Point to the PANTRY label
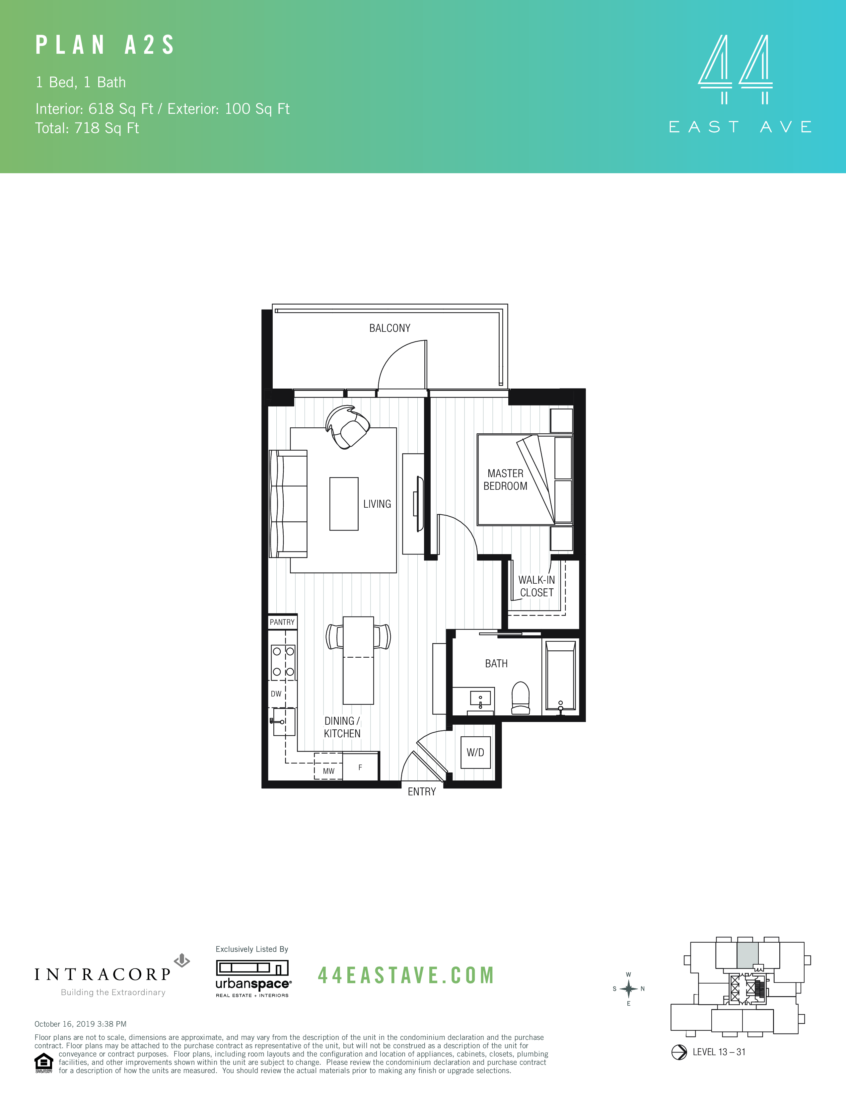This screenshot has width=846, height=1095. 282,622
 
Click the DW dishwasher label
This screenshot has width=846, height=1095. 276,694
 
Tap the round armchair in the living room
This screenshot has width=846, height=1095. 348,427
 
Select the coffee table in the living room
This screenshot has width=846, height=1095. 344,504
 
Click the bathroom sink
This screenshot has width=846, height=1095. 480,699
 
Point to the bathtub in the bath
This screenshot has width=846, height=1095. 560,677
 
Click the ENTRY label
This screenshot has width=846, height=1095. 421,792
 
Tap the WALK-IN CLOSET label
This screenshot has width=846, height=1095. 536,586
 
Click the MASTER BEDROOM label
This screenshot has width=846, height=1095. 505,480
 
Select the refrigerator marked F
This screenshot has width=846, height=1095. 360,767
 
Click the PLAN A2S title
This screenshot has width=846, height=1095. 105,45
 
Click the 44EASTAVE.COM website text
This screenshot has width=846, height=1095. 406,975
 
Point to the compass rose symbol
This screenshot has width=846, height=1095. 628,989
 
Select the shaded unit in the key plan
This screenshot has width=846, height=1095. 747,955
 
